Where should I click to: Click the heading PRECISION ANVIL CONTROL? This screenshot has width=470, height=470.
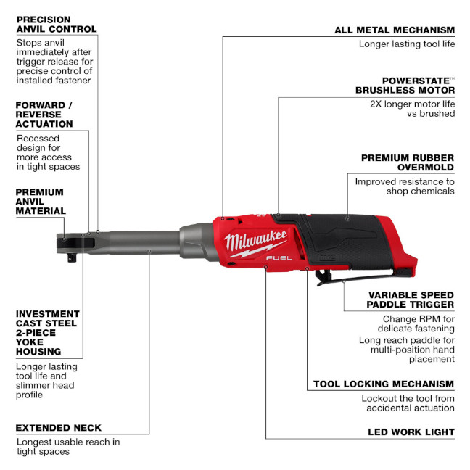56,24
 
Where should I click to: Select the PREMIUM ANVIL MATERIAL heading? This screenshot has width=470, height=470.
40,202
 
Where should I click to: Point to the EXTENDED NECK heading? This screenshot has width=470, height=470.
59,428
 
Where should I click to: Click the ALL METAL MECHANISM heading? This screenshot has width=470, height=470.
395,30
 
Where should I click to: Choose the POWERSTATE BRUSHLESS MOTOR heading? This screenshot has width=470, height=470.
405,86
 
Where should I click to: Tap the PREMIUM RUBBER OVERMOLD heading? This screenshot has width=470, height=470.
408,162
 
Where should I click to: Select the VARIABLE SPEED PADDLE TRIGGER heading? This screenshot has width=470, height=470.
411,300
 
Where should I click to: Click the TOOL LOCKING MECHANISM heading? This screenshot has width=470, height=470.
384,384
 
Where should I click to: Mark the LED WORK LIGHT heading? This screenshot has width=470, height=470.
410,432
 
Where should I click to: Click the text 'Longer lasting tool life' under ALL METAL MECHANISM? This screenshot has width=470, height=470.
406,44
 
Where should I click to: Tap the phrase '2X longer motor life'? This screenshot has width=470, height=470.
412,103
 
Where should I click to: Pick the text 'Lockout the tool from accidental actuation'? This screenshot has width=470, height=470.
408,403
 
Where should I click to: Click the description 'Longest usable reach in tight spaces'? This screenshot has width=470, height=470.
67,446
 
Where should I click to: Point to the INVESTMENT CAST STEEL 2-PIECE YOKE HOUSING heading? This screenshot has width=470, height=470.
46,333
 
